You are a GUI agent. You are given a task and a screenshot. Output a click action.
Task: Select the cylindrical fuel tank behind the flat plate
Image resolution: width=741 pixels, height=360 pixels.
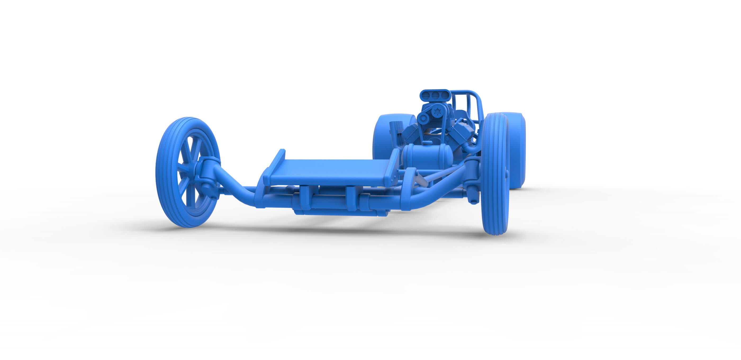point(426,157)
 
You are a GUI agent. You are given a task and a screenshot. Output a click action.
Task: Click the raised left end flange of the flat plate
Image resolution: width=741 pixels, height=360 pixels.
point(275,167)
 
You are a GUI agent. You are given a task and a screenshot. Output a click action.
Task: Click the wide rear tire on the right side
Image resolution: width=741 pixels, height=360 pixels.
point(516,149)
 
